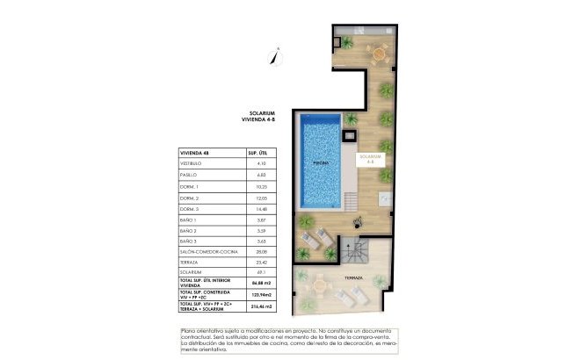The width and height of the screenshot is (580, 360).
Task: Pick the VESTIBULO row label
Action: coord(191,163)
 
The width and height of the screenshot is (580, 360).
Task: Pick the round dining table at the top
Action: coord(379,54)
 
